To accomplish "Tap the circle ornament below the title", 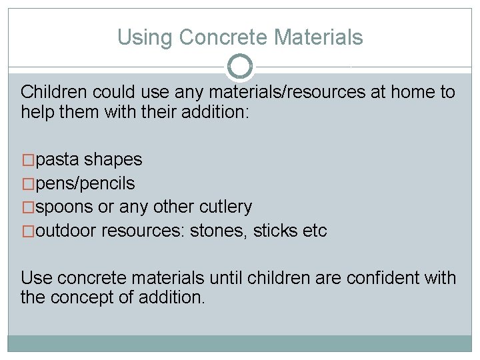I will click(240, 67).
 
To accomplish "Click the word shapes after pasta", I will click(113, 160).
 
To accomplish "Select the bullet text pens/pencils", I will click(85, 183).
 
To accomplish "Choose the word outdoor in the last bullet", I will click(67, 231).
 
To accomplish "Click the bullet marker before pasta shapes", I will click(28, 160).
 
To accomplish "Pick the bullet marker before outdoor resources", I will click(28, 231).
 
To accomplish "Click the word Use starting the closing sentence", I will click(35, 278).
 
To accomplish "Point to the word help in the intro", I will click(39, 111).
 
